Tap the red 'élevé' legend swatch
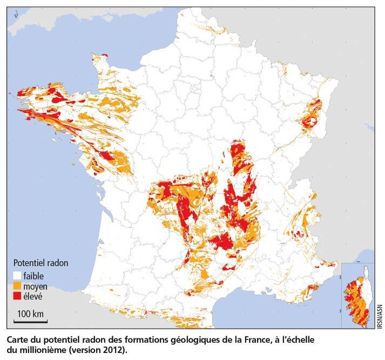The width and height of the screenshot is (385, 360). [17, 295]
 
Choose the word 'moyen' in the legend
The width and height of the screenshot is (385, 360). [36, 286]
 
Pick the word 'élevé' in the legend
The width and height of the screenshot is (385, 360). [33, 295]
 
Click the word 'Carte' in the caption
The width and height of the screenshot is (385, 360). [18, 341]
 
